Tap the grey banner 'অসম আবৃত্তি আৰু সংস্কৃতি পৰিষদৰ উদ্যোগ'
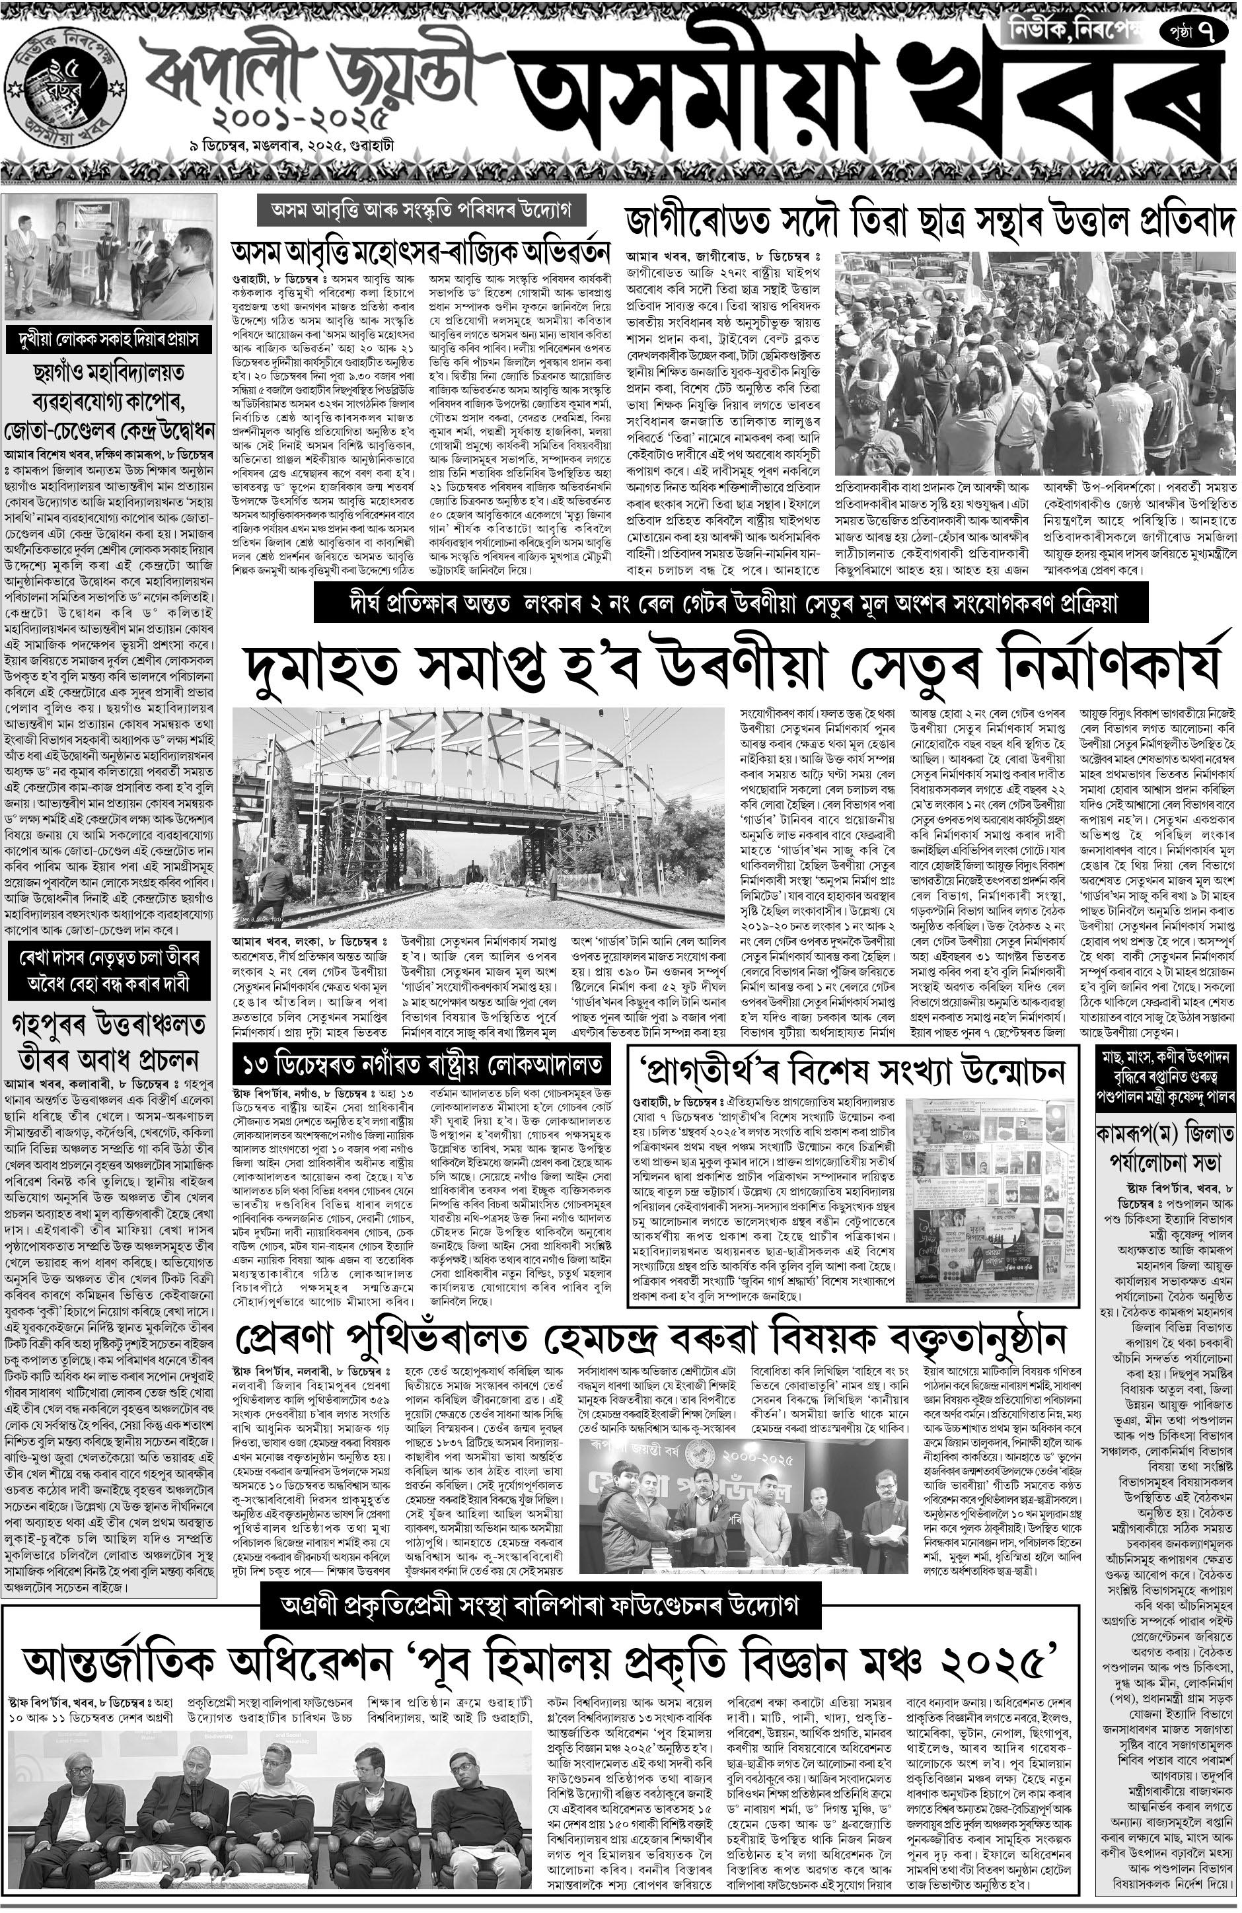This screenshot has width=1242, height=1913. click(420, 211)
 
